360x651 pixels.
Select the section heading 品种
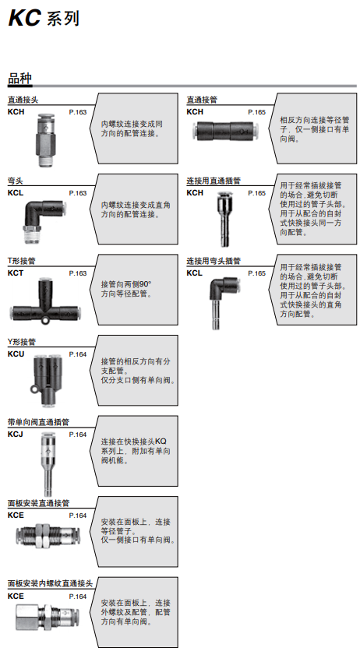pyautogui.click(x=19, y=79)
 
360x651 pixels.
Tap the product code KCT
pyautogui.click(x=16, y=273)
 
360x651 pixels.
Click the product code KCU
pyautogui.click(x=16, y=354)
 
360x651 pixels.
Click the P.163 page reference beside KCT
pyautogui.click(x=78, y=273)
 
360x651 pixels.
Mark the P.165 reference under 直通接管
pyautogui.click(x=256, y=112)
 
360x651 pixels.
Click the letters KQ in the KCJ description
pyautogui.click(x=161, y=442)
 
